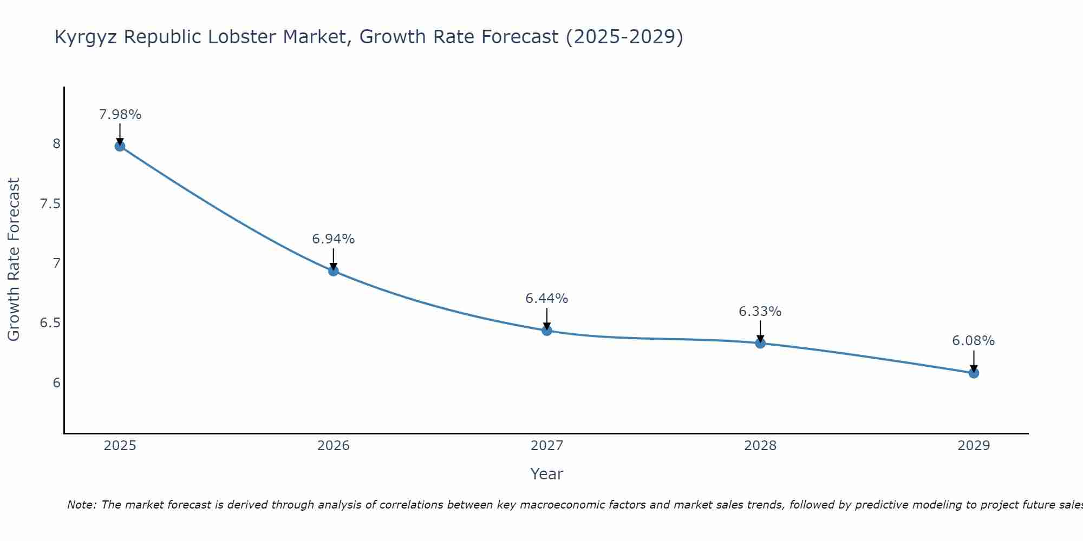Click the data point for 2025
pyautogui.click(x=120, y=146)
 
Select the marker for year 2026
pyautogui.click(x=334, y=270)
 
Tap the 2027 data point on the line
pyautogui.click(x=547, y=331)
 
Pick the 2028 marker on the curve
pyautogui.click(x=760, y=343)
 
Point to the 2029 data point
pyautogui.click(x=974, y=373)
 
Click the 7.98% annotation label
pyautogui.click(x=120, y=115)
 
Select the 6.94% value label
pyautogui.click(x=334, y=239)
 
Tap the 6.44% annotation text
pyautogui.click(x=547, y=299)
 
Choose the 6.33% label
pyautogui.click(x=760, y=312)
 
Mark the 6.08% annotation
pyautogui.click(x=974, y=341)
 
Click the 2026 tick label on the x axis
pyautogui.click(x=334, y=446)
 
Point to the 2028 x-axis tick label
pyautogui.click(x=760, y=446)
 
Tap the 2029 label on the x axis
pyautogui.click(x=974, y=446)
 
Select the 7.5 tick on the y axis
pyautogui.click(x=50, y=204)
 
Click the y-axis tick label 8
pyautogui.click(x=56, y=144)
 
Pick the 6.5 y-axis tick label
pyautogui.click(x=50, y=324)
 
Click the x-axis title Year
pyautogui.click(x=547, y=474)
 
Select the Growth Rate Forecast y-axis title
pyautogui.click(x=14, y=260)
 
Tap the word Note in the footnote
pyautogui.click(x=81, y=505)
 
